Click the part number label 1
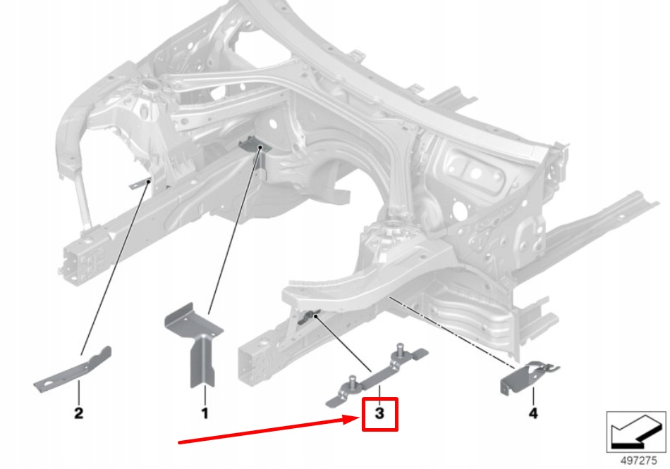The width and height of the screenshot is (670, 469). (205, 413)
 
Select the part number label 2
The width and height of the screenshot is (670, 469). (78, 413)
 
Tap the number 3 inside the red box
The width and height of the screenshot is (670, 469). (380, 414)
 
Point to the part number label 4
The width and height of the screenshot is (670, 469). (532, 413)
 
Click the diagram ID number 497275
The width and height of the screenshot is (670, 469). (637, 460)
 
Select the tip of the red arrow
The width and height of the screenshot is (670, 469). (358, 420)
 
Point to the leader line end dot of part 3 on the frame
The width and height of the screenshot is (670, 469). (316, 317)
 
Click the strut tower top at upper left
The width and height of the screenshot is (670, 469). (150, 88)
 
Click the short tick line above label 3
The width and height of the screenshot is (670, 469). (379, 393)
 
